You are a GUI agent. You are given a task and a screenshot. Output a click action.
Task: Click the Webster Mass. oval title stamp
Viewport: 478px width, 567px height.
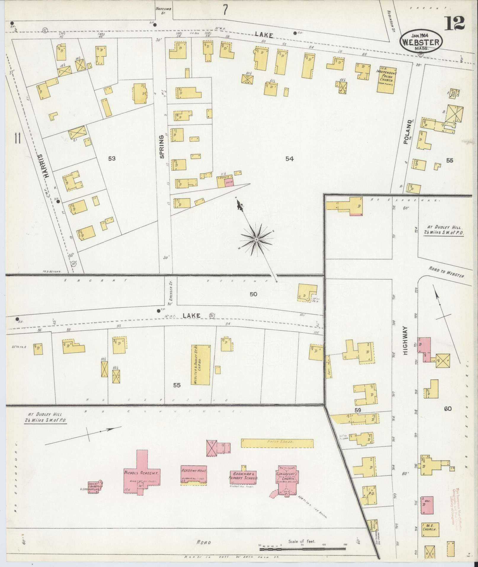[421, 42]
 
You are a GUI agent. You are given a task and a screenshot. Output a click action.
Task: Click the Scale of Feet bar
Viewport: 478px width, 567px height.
[302, 549]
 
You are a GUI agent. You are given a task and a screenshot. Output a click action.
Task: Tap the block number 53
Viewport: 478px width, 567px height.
[112, 159]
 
